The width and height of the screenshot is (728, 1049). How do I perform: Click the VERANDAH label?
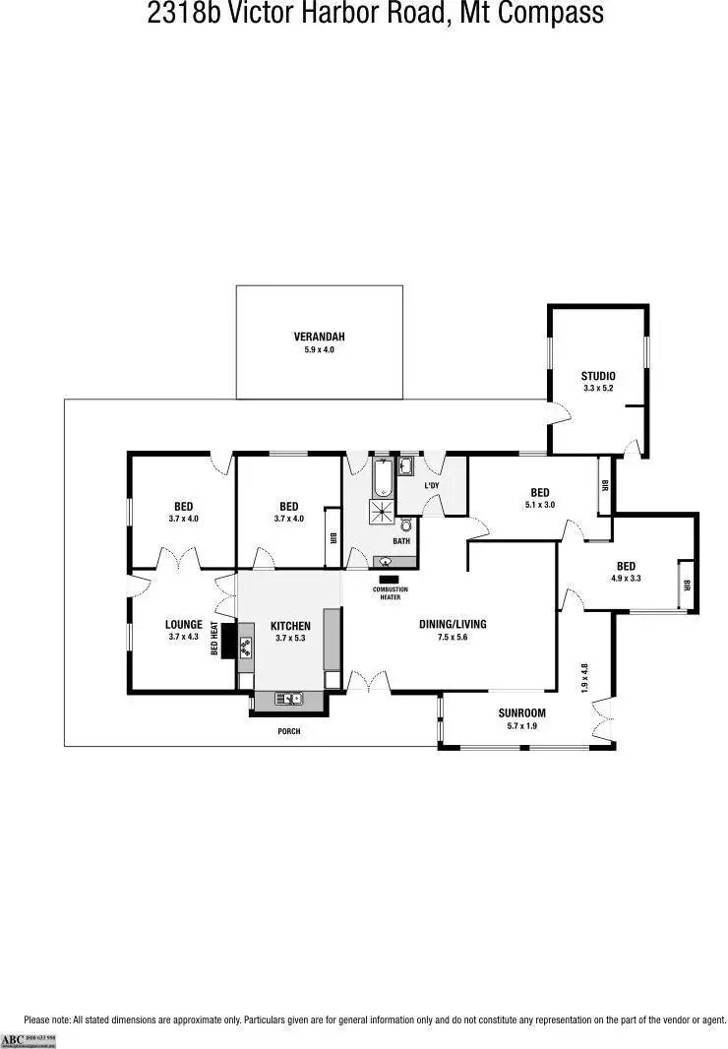(320, 337)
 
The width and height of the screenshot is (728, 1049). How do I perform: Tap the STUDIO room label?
(597, 376)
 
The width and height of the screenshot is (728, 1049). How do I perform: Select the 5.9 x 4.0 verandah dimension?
(320, 349)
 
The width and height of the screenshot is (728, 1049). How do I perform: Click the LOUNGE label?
(184, 624)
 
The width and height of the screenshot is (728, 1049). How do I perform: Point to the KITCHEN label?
(290, 626)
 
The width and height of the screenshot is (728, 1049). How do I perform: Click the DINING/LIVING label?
(453, 624)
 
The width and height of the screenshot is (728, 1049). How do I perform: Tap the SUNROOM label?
(521, 713)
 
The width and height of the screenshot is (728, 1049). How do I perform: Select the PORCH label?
(289, 732)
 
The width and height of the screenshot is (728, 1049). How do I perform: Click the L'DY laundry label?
(431, 486)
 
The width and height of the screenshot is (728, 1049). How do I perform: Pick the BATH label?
(401, 541)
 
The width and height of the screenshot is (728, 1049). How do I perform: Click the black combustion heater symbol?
(389, 578)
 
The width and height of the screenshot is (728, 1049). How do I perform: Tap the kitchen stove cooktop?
(245, 646)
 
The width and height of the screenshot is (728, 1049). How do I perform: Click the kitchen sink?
(288, 699)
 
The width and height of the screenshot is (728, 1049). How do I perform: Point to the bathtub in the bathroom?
(383, 478)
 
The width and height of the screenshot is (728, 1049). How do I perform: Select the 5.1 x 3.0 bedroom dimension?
(539, 505)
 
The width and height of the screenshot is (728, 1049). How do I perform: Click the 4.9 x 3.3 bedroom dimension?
(626, 579)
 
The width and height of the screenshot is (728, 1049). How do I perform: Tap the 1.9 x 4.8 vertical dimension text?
(584, 678)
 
